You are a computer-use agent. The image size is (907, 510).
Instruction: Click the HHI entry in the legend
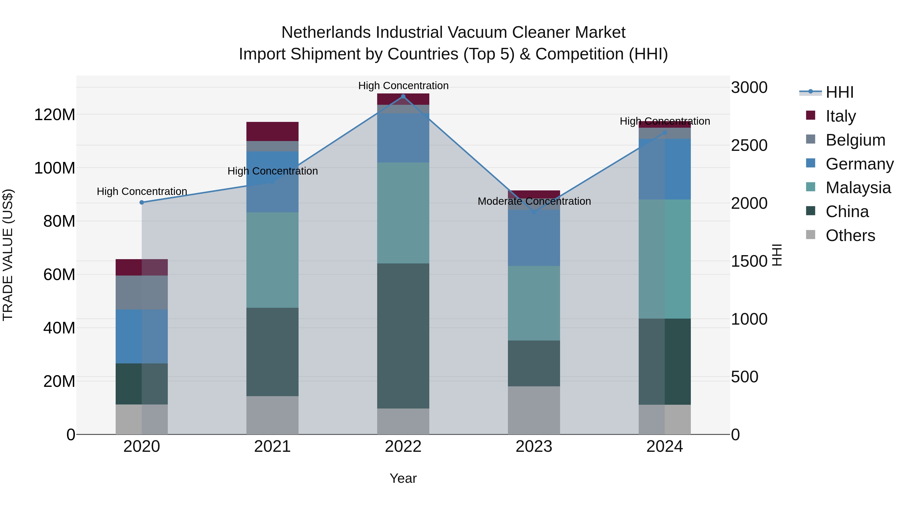839,92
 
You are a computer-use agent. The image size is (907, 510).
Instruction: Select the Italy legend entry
840,116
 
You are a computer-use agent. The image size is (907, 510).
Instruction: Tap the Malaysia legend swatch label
858,188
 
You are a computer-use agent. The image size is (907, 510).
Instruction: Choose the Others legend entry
850,235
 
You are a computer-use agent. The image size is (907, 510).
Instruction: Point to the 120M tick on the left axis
55,115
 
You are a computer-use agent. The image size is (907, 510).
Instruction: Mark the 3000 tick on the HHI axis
749,87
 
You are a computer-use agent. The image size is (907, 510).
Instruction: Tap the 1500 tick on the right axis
749,261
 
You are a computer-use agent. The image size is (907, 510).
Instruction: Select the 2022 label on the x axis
403,447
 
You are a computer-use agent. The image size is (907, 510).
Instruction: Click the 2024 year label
664,447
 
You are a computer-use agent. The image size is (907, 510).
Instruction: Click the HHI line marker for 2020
142,202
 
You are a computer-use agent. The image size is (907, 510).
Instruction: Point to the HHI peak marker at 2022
403,96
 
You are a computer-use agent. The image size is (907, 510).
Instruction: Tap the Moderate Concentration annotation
534,201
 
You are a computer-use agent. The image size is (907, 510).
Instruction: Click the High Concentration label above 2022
403,86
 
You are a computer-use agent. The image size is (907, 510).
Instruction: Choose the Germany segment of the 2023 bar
534,238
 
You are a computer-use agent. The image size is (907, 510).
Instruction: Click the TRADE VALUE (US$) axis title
8,255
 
